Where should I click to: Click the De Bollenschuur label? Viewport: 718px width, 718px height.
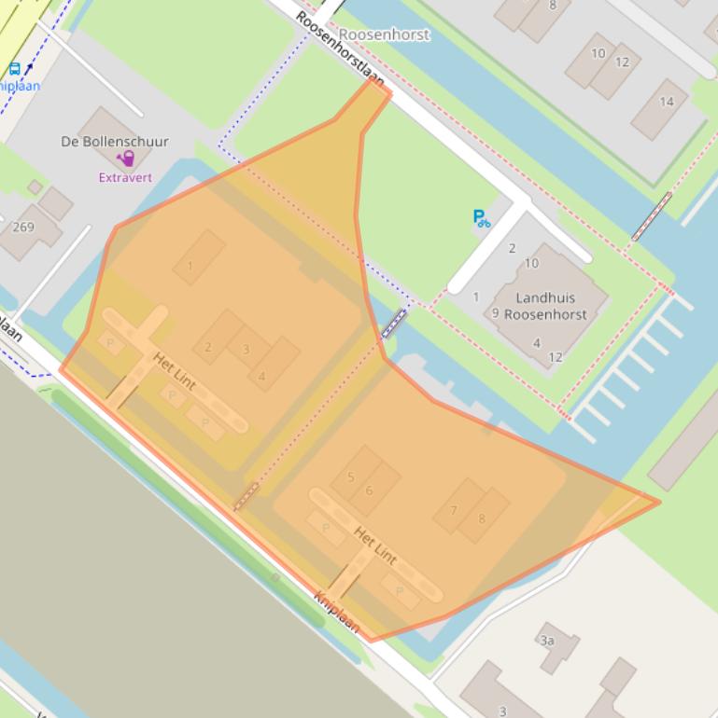[114, 142]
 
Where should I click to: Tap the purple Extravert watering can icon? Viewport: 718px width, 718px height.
[124, 160]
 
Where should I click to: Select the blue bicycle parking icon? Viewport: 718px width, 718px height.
[481, 219]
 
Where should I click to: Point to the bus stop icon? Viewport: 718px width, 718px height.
[15, 68]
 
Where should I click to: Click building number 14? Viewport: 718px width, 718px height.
[666, 102]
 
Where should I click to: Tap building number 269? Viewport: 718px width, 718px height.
[23, 227]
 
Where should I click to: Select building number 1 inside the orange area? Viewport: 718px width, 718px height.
[190, 266]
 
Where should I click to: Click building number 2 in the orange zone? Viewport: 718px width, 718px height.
[208, 347]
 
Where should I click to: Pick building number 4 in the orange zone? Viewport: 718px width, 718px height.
[262, 376]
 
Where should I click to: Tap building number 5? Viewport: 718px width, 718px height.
[350, 476]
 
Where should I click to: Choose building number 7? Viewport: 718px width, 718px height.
[454, 510]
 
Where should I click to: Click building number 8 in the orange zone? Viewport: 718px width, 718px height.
[482, 518]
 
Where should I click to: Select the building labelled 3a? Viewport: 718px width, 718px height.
[547, 641]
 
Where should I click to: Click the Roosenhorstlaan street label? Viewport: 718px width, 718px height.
[340, 48]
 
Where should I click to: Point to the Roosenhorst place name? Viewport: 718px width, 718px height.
[385, 35]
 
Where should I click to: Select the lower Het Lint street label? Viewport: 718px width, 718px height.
[374, 545]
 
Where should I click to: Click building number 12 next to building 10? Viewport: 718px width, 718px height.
[622, 62]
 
